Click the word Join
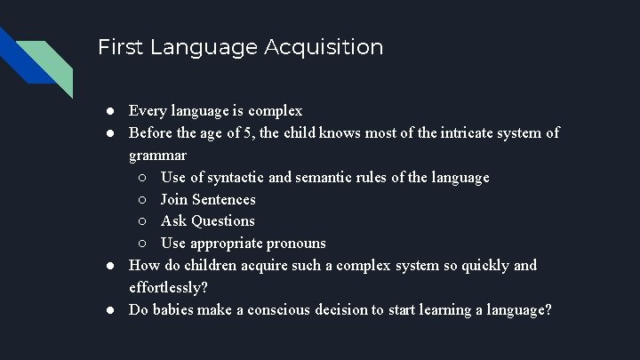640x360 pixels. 175,199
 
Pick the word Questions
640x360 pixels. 222,220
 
